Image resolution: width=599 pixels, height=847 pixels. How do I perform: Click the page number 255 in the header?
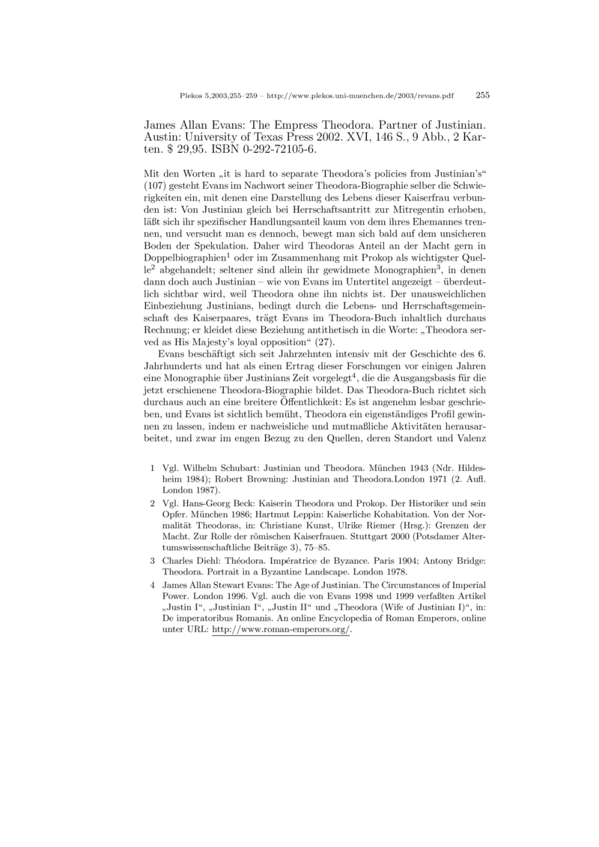tap(482, 95)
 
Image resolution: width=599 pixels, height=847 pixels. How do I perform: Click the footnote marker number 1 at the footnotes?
tap(153, 466)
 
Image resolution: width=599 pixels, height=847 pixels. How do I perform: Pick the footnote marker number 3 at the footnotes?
tap(153, 559)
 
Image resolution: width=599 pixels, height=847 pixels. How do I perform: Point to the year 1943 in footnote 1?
tap(415, 466)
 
